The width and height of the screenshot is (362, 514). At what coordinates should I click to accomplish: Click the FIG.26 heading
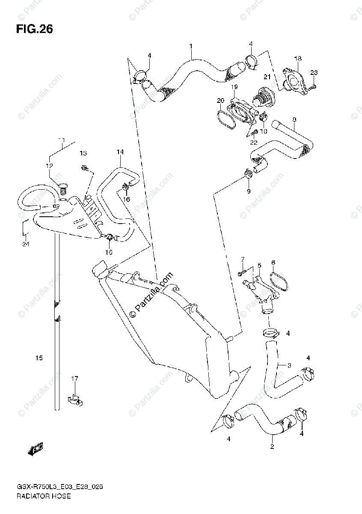[x=34, y=29]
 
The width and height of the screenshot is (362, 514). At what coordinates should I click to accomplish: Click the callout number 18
[x=298, y=58]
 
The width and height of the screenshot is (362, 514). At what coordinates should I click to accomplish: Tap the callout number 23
[x=314, y=72]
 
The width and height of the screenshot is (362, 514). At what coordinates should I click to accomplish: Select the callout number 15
[x=39, y=358]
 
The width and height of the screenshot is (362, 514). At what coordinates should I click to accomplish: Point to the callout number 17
[x=75, y=378]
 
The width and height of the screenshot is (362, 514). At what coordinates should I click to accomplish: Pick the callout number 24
[x=26, y=244]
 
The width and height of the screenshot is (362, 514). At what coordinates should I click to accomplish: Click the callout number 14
[x=120, y=152]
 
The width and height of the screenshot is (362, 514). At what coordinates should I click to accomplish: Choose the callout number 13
[x=83, y=153]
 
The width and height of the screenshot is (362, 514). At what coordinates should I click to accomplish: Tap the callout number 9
[x=248, y=191]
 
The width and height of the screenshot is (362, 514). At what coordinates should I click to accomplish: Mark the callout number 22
[x=254, y=142]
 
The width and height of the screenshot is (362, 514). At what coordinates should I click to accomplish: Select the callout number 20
[x=220, y=101]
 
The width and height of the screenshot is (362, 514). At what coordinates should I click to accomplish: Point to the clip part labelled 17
[x=75, y=400]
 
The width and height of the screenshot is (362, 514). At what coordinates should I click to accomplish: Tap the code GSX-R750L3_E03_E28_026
[x=59, y=487]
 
